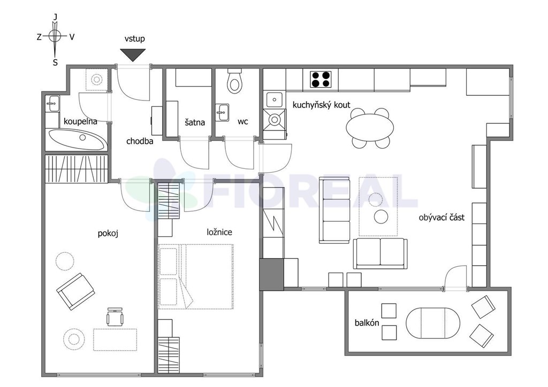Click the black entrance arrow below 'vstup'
133,55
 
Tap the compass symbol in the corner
55,36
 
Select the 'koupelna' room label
80,122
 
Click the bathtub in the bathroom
77,140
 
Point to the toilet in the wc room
234,81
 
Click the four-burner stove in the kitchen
321,79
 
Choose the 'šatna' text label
195,122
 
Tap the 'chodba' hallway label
140,141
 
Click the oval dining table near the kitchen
370,127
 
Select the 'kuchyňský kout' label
321,105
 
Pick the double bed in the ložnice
196,276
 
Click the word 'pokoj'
108,233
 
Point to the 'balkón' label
367,323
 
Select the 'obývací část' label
442,218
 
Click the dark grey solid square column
271,274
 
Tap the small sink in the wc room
222,112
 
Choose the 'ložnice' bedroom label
219,232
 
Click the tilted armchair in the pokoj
76,292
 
